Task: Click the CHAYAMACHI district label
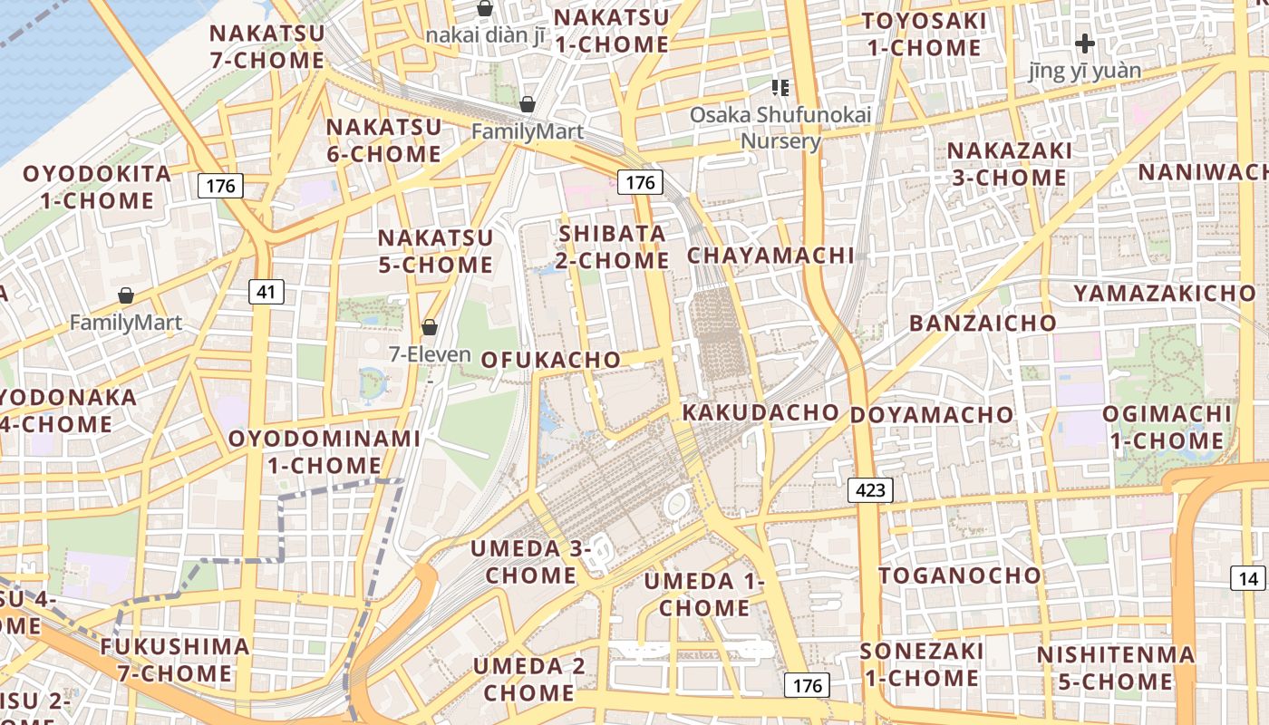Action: [770, 256]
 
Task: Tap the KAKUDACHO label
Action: [760, 412]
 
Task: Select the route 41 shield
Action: [266, 292]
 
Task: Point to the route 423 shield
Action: [870, 490]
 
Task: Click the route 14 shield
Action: [1248, 578]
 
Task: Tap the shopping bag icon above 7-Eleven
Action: [430, 327]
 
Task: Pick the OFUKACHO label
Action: [551, 360]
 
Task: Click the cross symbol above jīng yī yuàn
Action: [1085, 43]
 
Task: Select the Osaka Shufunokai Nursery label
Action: [780, 128]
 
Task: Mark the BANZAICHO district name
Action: [983, 324]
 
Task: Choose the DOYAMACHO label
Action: [932, 415]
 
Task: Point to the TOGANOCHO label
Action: [960, 575]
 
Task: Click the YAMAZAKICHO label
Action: [1165, 293]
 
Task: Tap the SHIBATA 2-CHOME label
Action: [614, 246]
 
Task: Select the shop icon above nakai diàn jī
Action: [485, 9]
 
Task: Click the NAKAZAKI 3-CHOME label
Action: [1009, 163]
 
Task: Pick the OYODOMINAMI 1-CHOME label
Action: [324, 451]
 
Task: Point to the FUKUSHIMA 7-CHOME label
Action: [174, 660]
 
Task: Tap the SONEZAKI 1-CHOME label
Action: [921, 664]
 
